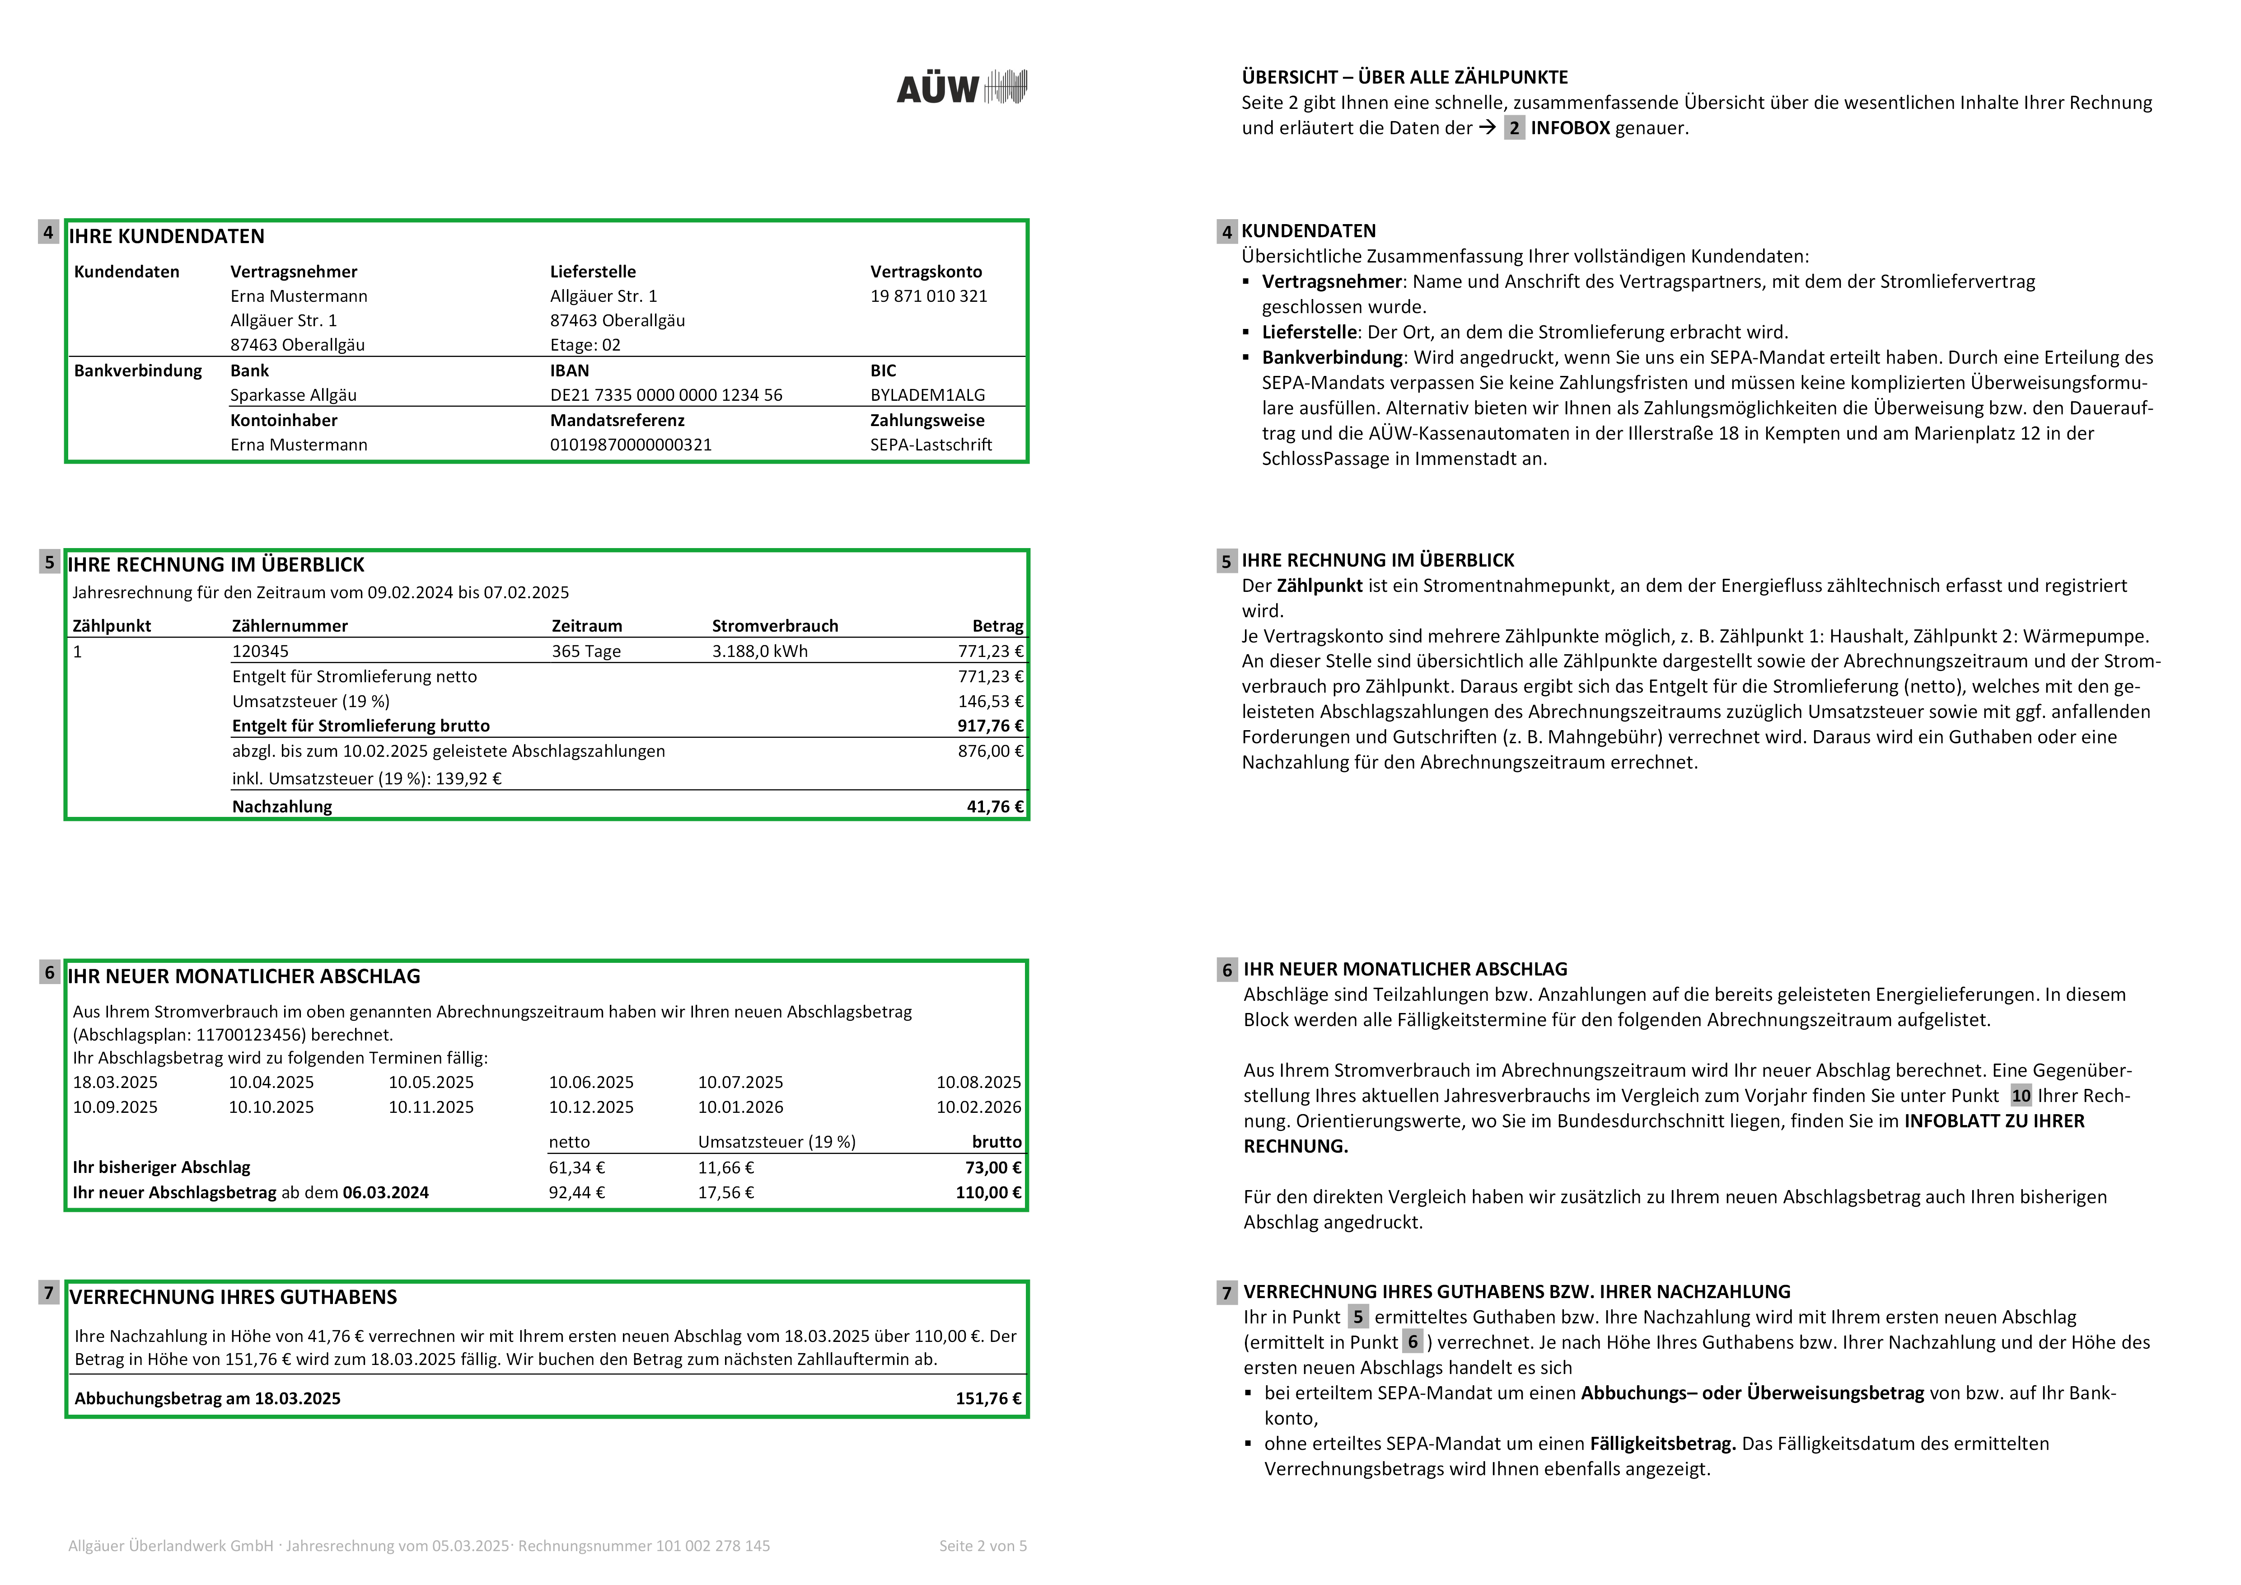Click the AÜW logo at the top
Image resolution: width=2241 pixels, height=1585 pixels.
(x=961, y=88)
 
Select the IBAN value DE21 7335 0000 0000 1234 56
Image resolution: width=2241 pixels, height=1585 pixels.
(x=666, y=395)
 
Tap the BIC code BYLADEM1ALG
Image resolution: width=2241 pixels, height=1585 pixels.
(x=927, y=395)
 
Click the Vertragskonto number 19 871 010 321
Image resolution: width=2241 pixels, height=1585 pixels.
(x=928, y=296)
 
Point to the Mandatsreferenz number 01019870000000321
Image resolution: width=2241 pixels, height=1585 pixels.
(x=631, y=445)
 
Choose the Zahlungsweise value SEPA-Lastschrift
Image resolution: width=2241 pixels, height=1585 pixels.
(x=930, y=445)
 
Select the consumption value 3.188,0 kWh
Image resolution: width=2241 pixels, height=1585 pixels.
(x=759, y=651)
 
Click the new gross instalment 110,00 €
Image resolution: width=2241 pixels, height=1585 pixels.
(x=988, y=1193)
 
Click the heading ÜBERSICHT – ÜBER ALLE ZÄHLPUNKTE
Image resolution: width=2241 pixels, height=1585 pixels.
(x=1404, y=77)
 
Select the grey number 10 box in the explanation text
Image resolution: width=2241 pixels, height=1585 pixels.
(x=2021, y=1096)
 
